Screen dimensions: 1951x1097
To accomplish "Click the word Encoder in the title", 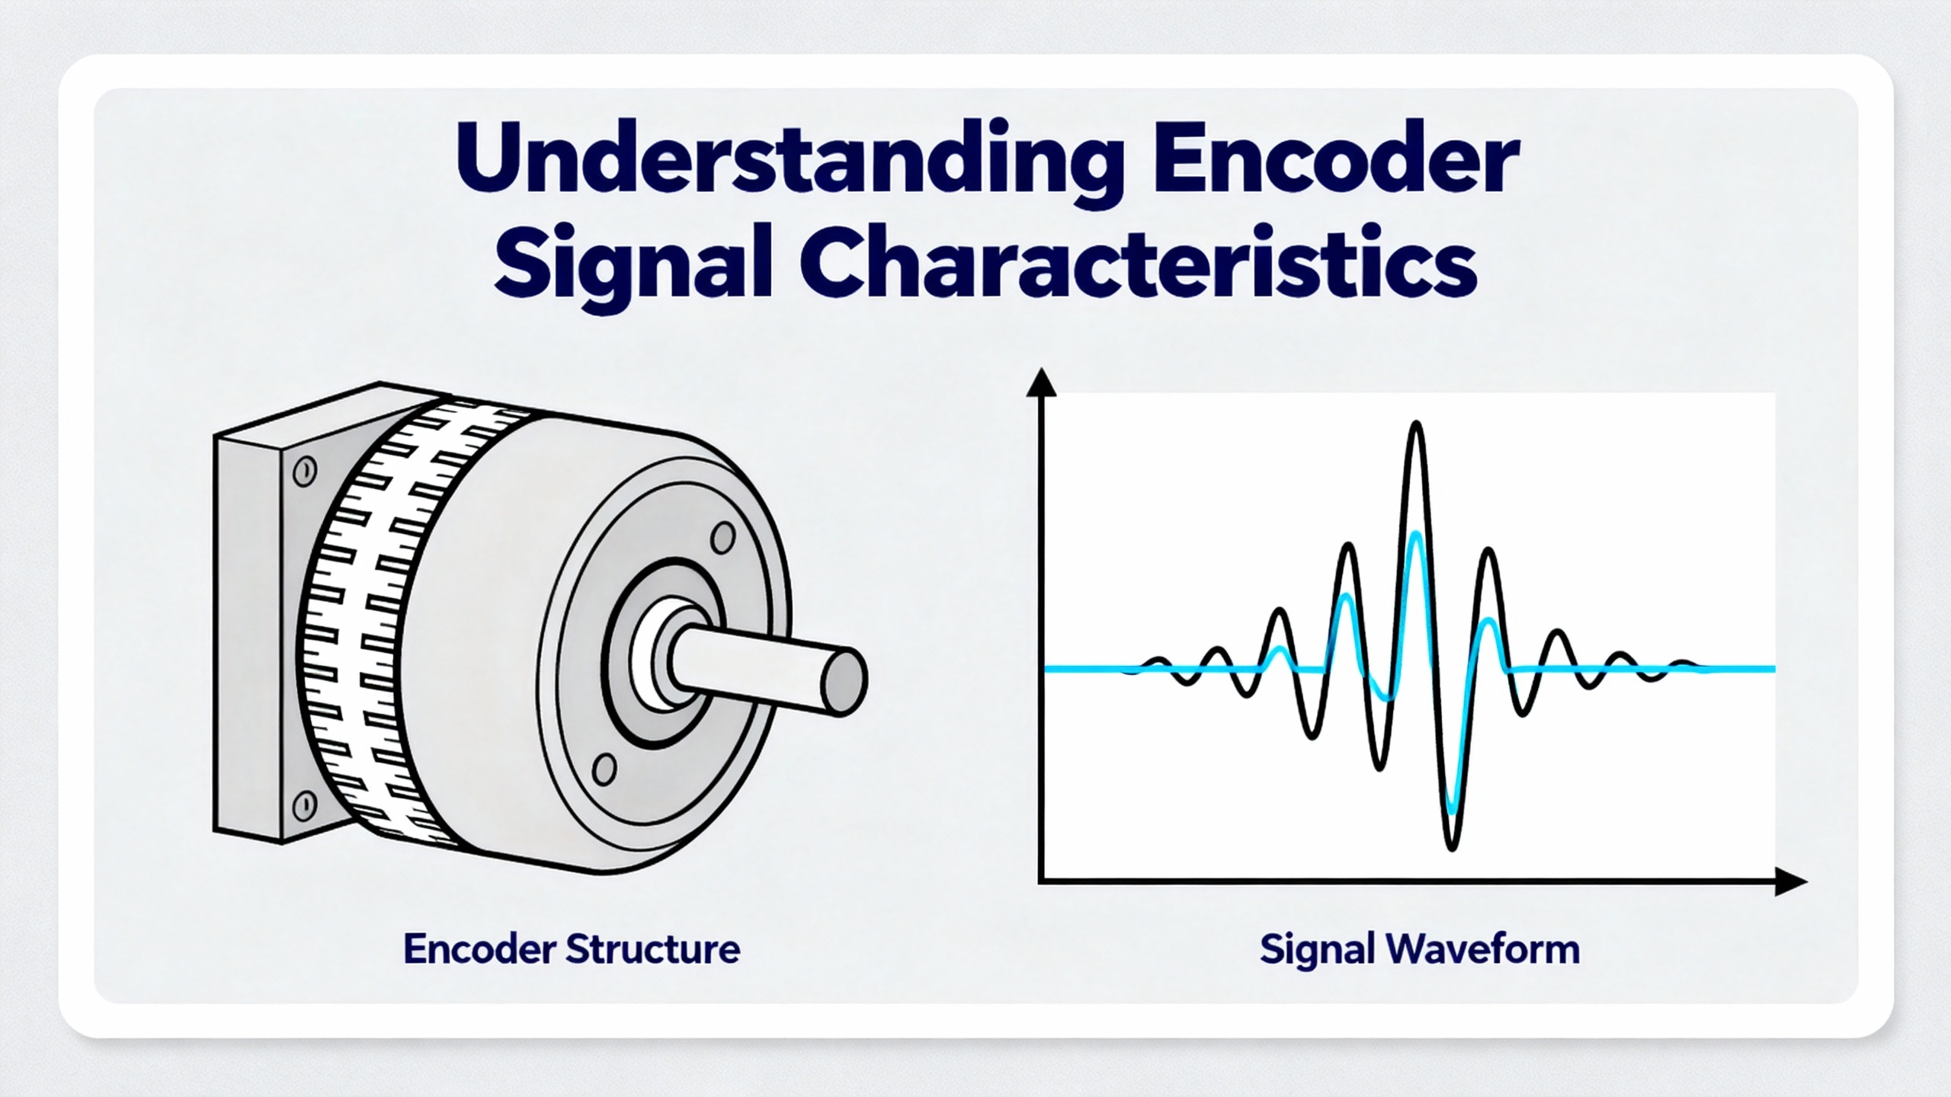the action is [x=1336, y=157].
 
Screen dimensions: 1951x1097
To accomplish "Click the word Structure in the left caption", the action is [x=653, y=949].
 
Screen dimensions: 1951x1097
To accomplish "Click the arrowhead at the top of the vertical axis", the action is [x=1041, y=382].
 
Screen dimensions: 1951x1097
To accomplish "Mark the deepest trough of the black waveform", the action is [x=1452, y=846].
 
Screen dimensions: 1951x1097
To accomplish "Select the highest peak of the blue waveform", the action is [x=1416, y=536].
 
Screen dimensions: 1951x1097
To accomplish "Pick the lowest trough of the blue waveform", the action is [x=1452, y=809].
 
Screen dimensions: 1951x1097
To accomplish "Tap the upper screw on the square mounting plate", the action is [x=305, y=472].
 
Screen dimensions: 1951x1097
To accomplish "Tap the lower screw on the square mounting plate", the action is [x=305, y=804].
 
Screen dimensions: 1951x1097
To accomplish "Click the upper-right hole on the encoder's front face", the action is [x=722, y=538].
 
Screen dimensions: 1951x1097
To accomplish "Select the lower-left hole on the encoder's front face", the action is [x=604, y=769].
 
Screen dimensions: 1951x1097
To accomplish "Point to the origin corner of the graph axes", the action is [x=1041, y=882].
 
